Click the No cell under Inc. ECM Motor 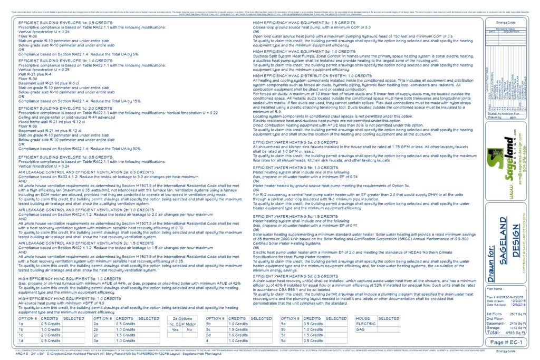[189, 329]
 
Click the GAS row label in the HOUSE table [361, 329]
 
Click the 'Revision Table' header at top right [505, 28]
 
